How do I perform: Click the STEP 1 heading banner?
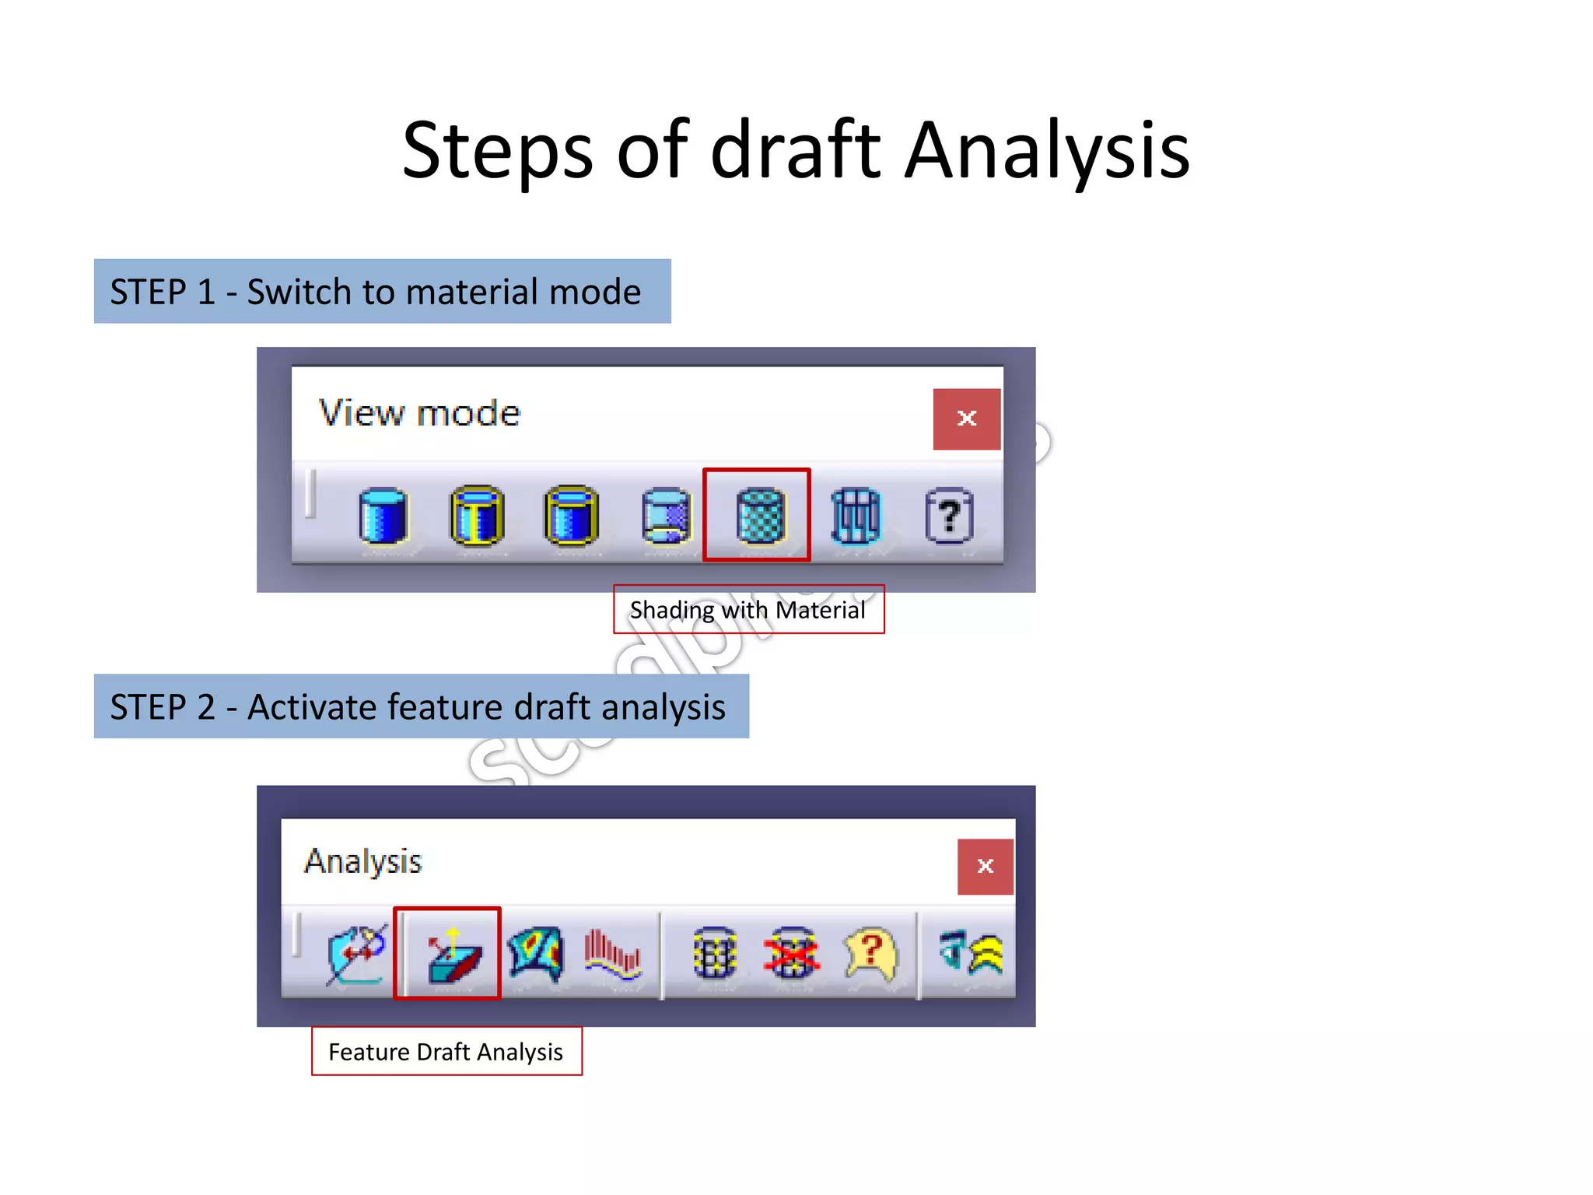pyautogui.click(x=382, y=292)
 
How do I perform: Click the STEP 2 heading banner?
pyautogui.click(x=421, y=706)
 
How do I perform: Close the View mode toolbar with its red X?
pyautogui.click(x=966, y=419)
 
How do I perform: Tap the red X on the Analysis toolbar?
pyautogui.click(x=985, y=866)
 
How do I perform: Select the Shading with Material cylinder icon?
pyautogui.click(x=759, y=514)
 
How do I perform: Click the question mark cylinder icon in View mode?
pyautogui.click(x=949, y=515)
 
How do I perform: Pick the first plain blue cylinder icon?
pyautogui.click(x=383, y=515)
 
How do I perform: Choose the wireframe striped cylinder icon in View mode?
pyautogui.click(x=856, y=515)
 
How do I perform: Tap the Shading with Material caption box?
pyautogui.click(x=748, y=610)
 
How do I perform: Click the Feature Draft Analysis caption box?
pyautogui.click(x=446, y=1052)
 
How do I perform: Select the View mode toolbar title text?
pyautogui.click(x=419, y=413)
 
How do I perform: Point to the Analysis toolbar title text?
pyautogui.click(x=362, y=861)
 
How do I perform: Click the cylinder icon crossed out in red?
pyautogui.click(x=792, y=954)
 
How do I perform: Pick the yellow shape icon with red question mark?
pyautogui.click(x=871, y=954)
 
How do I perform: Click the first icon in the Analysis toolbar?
pyautogui.click(x=356, y=954)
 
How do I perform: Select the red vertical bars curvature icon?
pyautogui.click(x=613, y=954)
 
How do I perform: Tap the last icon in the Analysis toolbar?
pyautogui.click(x=971, y=954)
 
